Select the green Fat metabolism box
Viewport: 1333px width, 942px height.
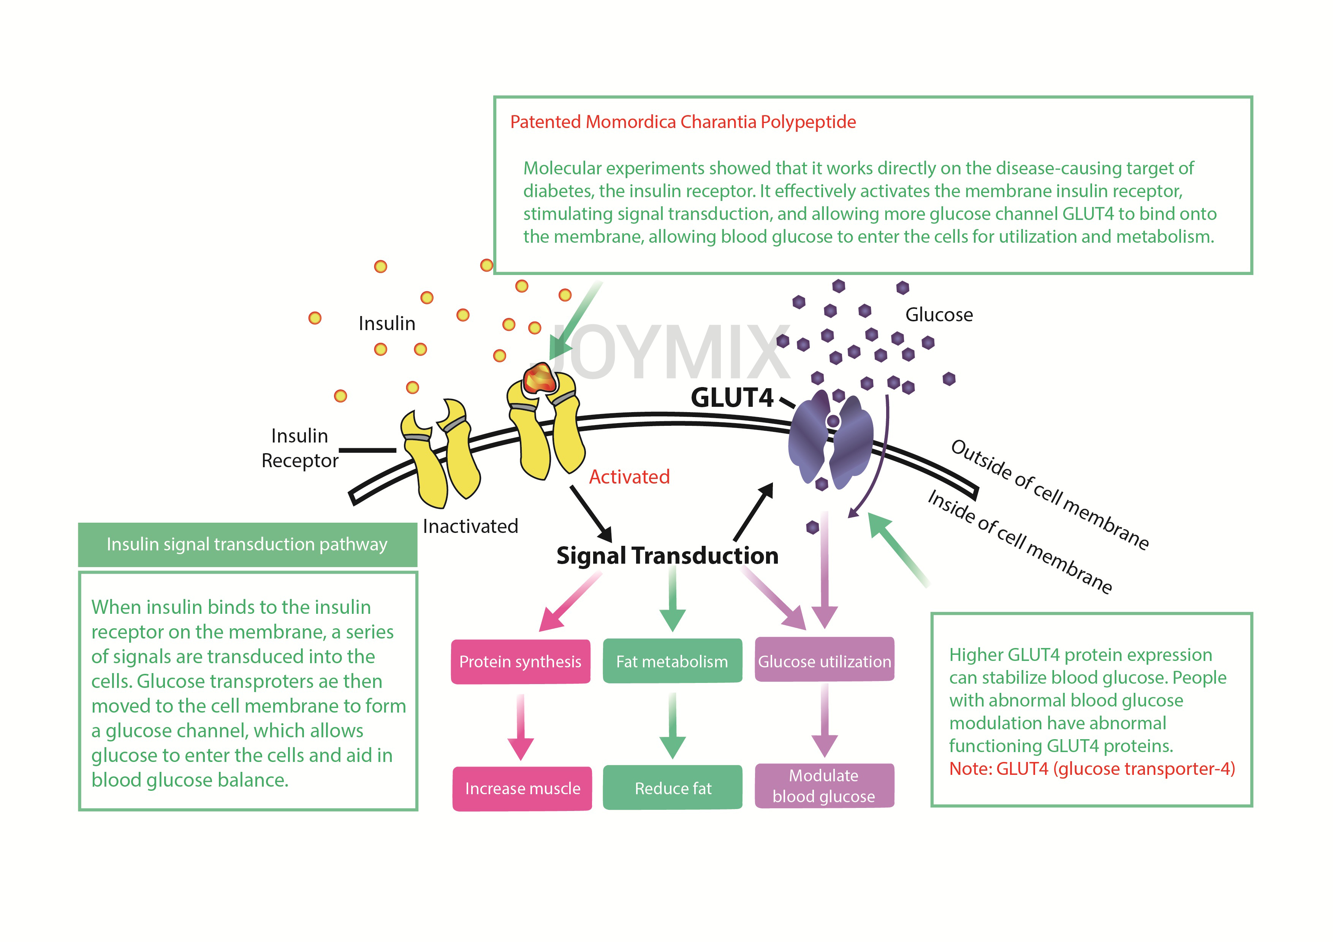(x=672, y=661)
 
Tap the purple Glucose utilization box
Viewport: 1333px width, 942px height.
(x=825, y=659)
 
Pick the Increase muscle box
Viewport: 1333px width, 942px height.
(x=522, y=788)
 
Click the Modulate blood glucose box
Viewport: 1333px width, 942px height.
(x=825, y=786)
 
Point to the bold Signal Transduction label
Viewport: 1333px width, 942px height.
(x=667, y=555)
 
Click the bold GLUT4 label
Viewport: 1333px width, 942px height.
(x=732, y=398)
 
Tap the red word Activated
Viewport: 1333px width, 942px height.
(x=629, y=477)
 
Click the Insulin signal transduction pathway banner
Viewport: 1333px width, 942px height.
(x=247, y=544)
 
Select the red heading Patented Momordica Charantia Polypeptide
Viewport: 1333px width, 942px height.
(x=683, y=122)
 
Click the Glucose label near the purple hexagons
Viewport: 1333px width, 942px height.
(x=939, y=315)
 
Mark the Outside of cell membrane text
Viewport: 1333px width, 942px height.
(x=1050, y=495)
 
